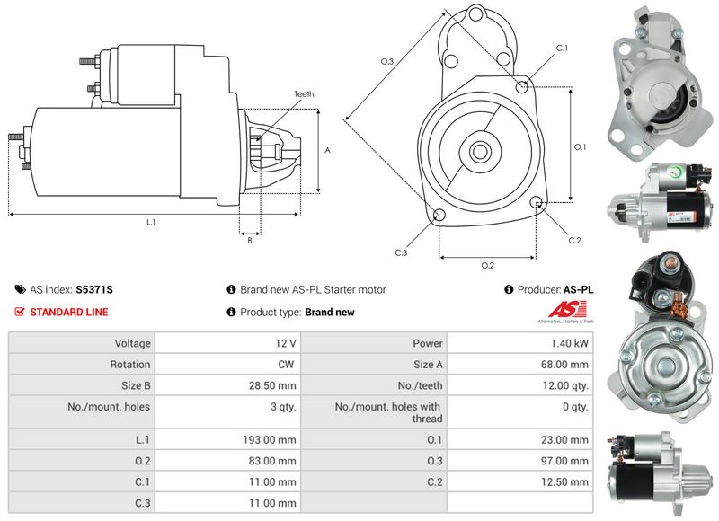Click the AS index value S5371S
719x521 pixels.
pyautogui.click(x=95, y=290)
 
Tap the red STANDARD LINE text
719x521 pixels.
pyautogui.click(x=69, y=313)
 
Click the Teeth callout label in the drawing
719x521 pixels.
pyautogui.click(x=304, y=94)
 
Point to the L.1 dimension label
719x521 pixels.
pyautogui.click(x=151, y=222)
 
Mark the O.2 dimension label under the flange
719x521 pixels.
pyautogui.click(x=488, y=265)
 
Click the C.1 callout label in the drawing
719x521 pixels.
pyautogui.click(x=562, y=48)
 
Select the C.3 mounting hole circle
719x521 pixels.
pyautogui.click(x=439, y=216)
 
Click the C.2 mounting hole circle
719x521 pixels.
pyautogui.click(x=537, y=203)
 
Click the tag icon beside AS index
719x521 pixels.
pyautogui.click(x=21, y=290)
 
